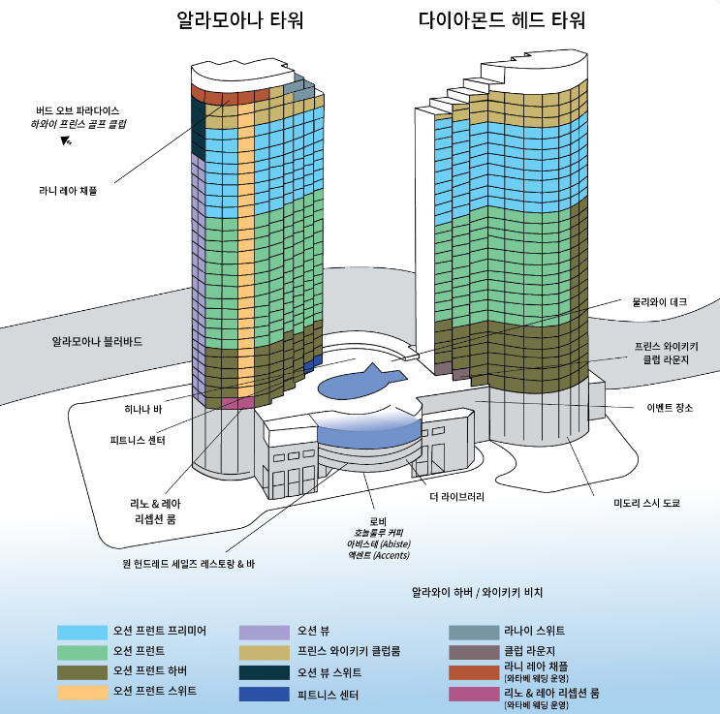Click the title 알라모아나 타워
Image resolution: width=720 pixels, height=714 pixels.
click(241, 20)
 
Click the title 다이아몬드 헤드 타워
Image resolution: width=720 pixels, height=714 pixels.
click(502, 20)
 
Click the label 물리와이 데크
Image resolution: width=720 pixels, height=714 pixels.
click(660, 302)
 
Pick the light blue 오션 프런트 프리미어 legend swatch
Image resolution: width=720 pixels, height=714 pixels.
click(81, 632)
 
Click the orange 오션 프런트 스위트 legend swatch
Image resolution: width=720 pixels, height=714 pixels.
click(81, 693)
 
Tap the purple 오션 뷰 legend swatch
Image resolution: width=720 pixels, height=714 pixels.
click(264, 632)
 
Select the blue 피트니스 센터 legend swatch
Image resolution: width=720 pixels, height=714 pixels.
click(264, 694)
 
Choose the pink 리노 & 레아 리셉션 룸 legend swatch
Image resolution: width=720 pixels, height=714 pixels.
click(473, 694)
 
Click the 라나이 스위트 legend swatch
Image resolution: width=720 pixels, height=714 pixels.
click(473, 632)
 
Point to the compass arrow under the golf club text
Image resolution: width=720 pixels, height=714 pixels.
click(66, 141)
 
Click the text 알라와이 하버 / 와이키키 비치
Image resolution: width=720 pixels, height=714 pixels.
click(478, 591)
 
